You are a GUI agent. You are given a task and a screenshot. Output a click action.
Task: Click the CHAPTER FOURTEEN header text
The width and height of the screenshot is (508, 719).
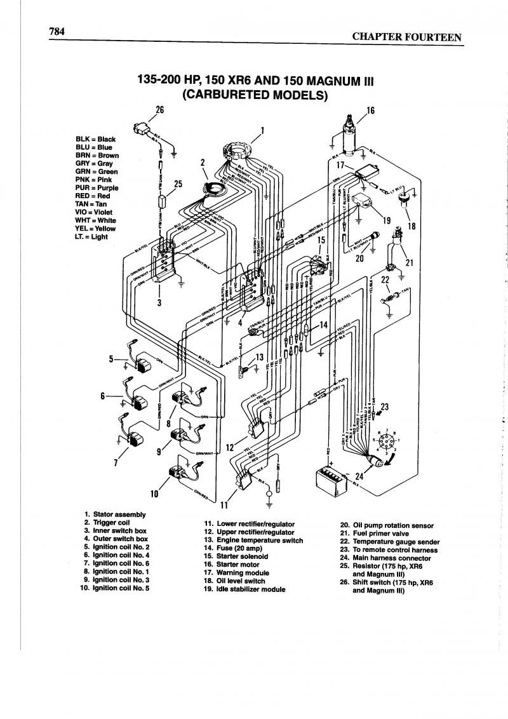coord(407,37)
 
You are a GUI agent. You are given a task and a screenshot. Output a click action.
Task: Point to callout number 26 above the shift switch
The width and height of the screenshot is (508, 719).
coord(159,109)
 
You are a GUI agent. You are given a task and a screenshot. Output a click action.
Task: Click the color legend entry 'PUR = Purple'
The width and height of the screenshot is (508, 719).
coord(97,188)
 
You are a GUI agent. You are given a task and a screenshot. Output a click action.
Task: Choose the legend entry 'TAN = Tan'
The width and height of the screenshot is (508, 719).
coord(90,205)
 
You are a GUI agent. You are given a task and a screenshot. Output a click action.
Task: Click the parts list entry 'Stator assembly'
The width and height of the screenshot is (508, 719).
coord(119,514)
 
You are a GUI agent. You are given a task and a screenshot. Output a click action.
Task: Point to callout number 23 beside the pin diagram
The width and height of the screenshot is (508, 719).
coord(385,407)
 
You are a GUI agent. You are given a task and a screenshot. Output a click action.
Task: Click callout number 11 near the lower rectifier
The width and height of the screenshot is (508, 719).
coord(224,506)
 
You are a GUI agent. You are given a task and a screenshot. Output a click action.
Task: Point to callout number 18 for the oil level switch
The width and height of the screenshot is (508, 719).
coord(411,225)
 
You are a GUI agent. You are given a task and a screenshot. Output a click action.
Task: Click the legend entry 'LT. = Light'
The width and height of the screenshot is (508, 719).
coord(91,237)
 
